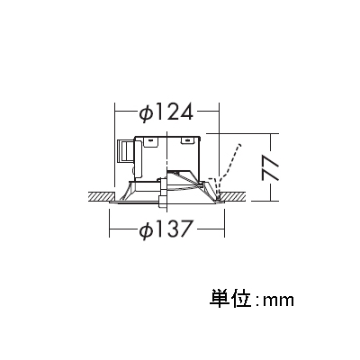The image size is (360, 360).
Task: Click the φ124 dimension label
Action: (x=166, y=112)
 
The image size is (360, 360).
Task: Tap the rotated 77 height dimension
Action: (x=270, y=167)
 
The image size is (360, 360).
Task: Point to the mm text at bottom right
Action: (x=278, y=301)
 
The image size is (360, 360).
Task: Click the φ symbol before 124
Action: (x=147, y=112)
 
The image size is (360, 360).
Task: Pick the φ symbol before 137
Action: (x=147, y=230)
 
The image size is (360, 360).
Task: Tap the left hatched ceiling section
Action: (x=100, y=196)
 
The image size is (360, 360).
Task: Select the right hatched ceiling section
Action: (x=233, y=196)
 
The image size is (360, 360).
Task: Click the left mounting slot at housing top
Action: (x=150, y=139)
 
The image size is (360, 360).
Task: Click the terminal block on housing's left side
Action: (x=126, y=151)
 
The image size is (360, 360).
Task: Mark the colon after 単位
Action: (x=257, y=301)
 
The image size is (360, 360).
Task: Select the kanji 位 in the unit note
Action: (x=240, y=299)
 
